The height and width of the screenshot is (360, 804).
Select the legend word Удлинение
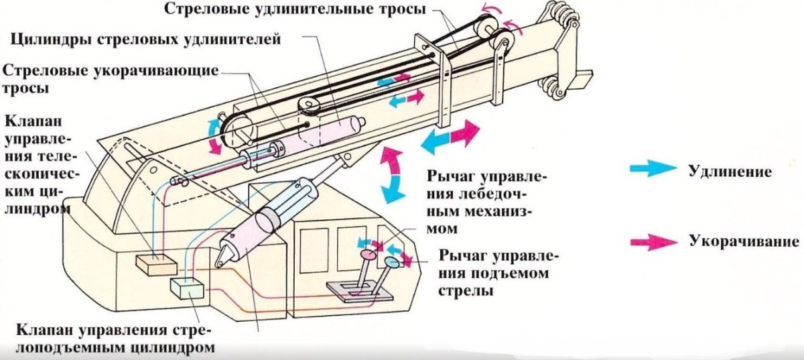[x=731, y=171]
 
